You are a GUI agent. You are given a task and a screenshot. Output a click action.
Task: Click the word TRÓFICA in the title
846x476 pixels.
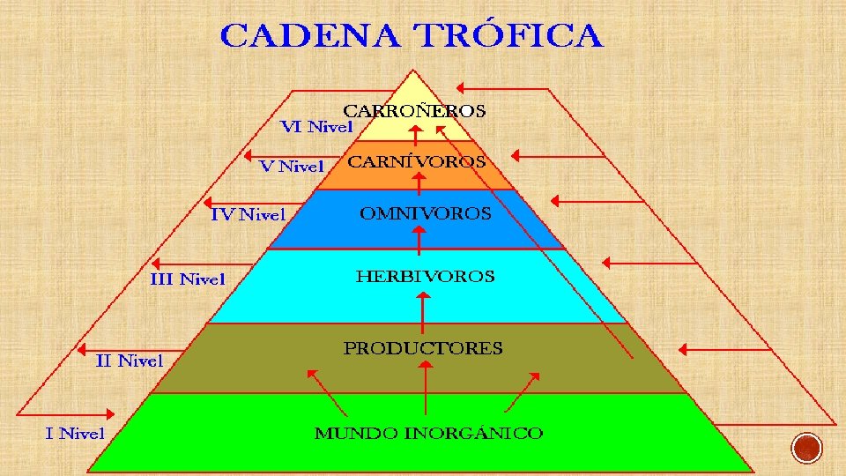coord(508,36)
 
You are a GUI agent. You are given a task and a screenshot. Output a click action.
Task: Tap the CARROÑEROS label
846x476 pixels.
coord(413,111)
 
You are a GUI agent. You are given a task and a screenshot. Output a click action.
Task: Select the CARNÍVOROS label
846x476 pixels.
coord(416,162)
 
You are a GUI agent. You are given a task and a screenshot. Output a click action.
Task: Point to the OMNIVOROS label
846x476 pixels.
coord(425,213)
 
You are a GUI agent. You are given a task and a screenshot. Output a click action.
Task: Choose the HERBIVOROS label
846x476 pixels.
coord(425,276)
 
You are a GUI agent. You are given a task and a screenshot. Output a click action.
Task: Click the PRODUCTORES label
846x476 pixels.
coord(423,348)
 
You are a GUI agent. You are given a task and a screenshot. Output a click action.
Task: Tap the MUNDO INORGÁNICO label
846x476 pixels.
coord(428,433)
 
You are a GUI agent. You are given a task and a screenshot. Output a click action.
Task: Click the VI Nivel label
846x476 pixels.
coord(316,127)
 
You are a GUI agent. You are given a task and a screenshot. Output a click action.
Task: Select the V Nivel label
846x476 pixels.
coord(292,166)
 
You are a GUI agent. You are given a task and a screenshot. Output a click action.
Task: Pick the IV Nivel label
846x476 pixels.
coord(248,214)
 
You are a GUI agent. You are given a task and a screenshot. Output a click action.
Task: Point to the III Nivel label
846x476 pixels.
coord(188,279)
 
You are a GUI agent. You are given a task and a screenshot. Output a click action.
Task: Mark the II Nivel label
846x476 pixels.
coord(130,361)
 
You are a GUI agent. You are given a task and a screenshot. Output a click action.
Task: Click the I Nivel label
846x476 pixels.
coord(75,432)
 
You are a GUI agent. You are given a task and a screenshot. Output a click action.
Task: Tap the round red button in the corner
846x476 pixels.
coord(805,449)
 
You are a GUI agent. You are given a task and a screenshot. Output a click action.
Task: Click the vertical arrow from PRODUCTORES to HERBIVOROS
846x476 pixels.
coord(424,312)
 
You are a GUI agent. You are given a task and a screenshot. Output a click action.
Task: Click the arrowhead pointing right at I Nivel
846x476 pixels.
coord(110,413)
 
